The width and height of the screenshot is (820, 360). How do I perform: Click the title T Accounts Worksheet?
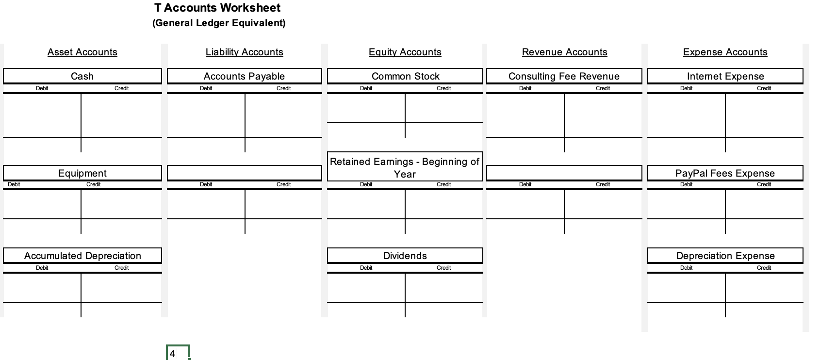pyautogui.click(x=217, y=8)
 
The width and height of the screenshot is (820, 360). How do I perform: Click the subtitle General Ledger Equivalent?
pyautogui.click(x=219, y=23)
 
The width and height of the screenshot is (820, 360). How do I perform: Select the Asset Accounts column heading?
pyautogui.click(x=82, y=52)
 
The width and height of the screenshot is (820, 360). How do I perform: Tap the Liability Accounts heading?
pyautogui.click(x=244, y=52)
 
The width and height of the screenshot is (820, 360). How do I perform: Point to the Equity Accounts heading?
pyautogui.click(x=405, y=52)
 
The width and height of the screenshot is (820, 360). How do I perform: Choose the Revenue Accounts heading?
pyautogui.click(x=564, y=52)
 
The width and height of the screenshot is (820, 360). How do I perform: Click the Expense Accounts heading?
pyautogui.click(x=725, y=52)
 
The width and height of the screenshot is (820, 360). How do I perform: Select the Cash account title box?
pyautogui.click(x=82, y=76)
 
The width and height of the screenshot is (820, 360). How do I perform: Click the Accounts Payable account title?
pyautogui.click(x=244, y=76)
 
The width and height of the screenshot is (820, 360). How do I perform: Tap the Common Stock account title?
pyautogui.click(x=405, y=76)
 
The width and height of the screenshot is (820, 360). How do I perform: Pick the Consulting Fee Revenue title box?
pyautogui.click(x=564, y=76)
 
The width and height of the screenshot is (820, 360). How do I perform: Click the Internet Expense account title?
pyautogui.click(x=725, y=76)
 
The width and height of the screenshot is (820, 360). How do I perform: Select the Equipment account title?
pyautogui.click(x=82, y=173)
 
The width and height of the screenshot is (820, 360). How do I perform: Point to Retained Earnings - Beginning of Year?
pyautogui.click(x=405, y=167)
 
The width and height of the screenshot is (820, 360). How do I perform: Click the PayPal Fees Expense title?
pyautogui.click(x=725, y=173)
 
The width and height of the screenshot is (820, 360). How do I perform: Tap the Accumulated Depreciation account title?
pyautogui.click(x=82, y=256)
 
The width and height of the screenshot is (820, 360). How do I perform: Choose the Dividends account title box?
pyautogui.click(x=405, y=256)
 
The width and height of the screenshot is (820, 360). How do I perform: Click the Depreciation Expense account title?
pyautogui.click(x=725, y=256)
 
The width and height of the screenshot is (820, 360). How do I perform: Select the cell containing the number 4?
pyautogui.click(x=178, y=353)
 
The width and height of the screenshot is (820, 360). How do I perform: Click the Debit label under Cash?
pyautogui.click(x=42, y=88)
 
